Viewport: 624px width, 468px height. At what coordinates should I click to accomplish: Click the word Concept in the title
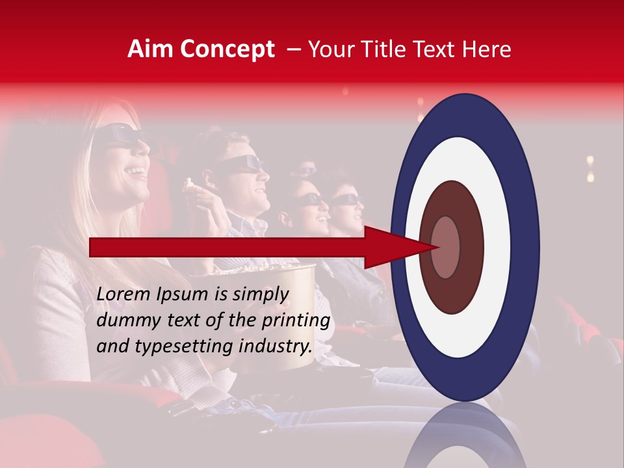(x=227, y=49)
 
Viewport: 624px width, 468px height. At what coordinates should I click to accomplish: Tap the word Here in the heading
(x=487, y=49)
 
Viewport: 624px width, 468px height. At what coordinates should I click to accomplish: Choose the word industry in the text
(x=274, y=346)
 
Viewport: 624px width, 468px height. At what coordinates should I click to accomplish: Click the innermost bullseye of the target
(x=445, y=247)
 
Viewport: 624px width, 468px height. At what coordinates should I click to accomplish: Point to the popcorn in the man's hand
(x=191, y=185)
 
